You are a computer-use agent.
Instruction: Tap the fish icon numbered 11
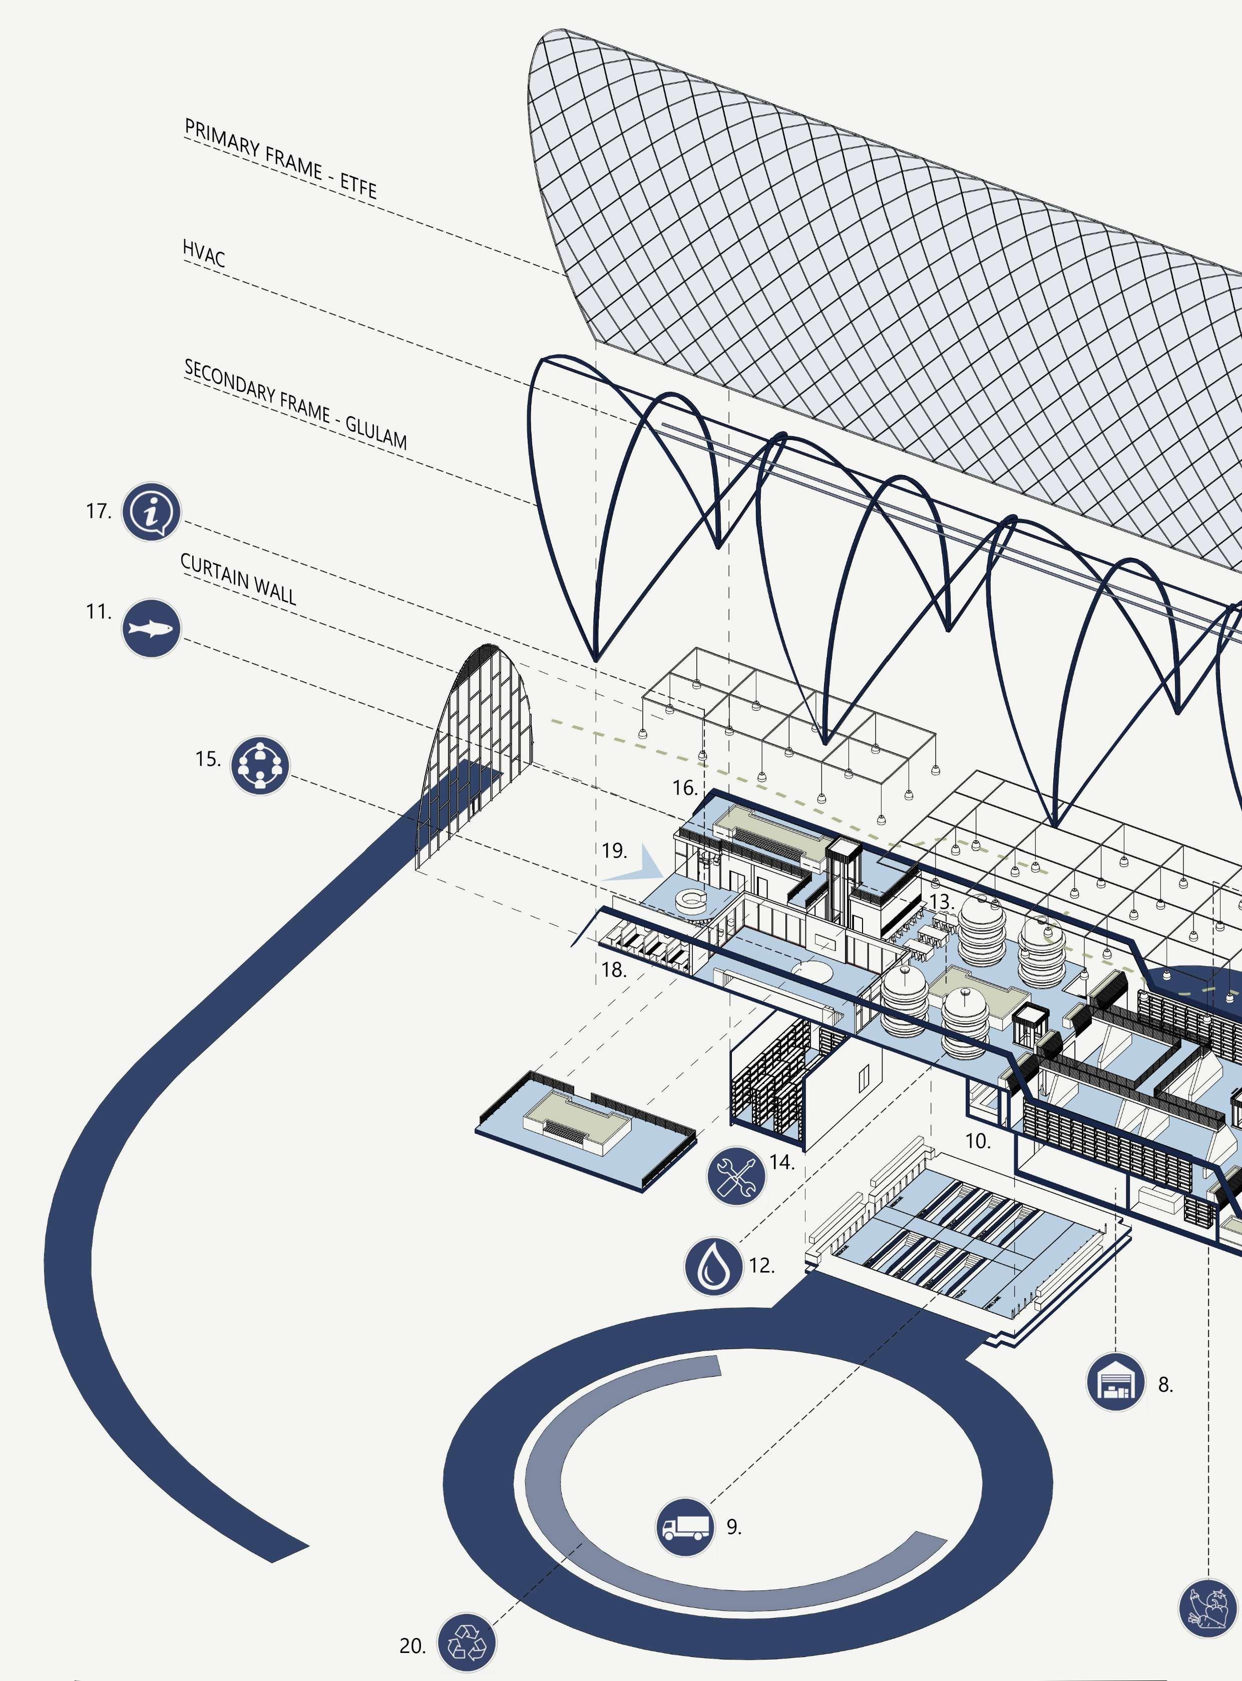[151, 628]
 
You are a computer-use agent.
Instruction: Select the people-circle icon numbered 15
[259, 765]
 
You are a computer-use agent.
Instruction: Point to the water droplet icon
[713, 1266]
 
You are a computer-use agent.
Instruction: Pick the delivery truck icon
[685, 1527]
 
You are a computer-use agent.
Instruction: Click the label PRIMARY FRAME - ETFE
[280, 158]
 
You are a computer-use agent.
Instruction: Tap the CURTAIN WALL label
[238, 578]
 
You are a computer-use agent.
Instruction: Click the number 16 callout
[685, 788]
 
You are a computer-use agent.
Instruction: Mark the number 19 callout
[614, 851]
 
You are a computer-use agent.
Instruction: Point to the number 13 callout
[941, 901]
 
